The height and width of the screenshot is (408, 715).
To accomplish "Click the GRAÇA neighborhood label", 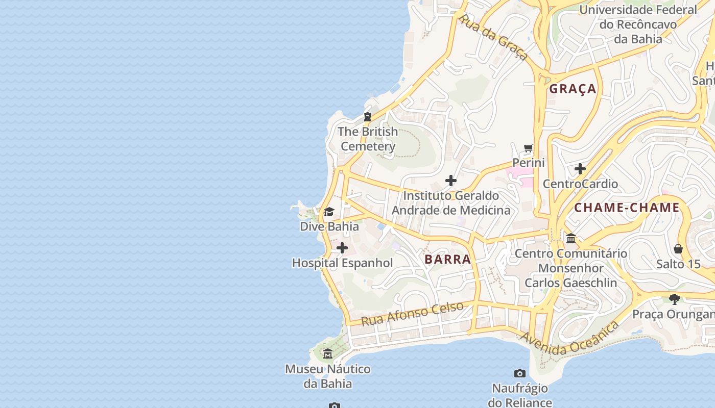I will [573, 89].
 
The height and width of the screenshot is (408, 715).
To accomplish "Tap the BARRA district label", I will [447, 259].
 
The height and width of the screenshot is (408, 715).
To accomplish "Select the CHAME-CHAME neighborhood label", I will [627, 207].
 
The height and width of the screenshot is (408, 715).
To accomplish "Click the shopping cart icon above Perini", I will [529, 148].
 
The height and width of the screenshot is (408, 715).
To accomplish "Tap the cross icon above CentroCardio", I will [580, 169].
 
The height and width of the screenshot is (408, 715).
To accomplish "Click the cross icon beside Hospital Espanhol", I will [342, 248].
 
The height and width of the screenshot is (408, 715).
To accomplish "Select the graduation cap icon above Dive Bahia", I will [329, 212].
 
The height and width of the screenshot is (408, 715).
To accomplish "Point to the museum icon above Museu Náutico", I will [328, 353].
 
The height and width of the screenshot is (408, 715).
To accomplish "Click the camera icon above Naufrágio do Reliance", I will [520, 373].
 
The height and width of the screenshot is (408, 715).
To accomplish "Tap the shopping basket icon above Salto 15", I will [678, 249].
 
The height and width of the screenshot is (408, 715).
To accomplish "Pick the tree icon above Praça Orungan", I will [675, 299].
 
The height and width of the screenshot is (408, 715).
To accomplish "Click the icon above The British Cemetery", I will [367, 117].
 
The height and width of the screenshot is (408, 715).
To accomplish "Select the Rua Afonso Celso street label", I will [412, 314].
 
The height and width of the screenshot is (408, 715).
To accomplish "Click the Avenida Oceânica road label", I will [569, 339].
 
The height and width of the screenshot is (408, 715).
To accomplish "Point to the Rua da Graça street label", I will [493, 37].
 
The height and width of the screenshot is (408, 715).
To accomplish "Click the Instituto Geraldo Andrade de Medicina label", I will [450, 203].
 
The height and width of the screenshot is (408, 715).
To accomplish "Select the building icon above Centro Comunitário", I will [571, 238].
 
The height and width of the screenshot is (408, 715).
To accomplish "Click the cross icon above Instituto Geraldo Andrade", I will [451, 181].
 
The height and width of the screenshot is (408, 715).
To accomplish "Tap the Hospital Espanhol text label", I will [342, 263].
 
